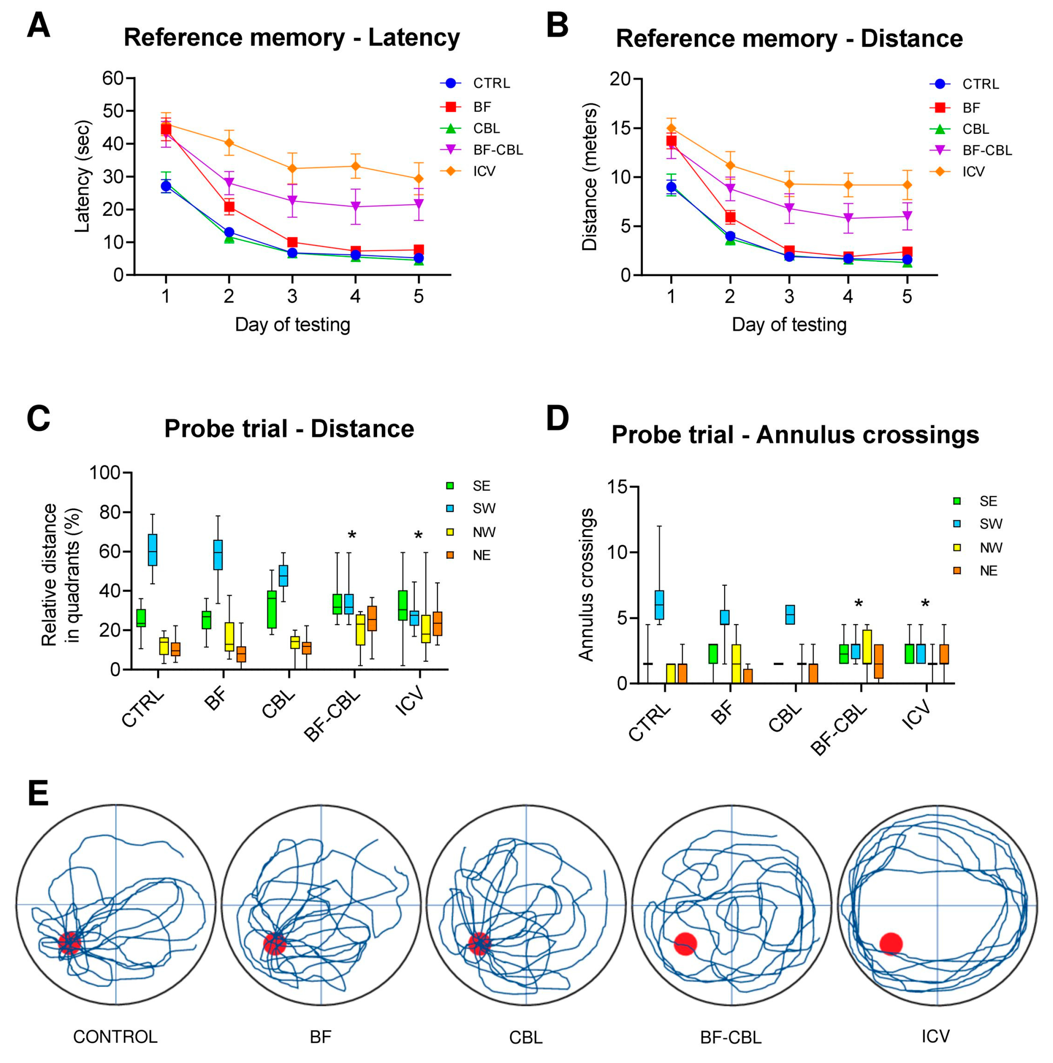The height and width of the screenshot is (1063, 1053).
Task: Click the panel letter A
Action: [38, 26]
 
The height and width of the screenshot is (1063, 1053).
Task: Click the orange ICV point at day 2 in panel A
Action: [229, 143]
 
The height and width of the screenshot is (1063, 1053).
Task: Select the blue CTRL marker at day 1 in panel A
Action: [166, 187]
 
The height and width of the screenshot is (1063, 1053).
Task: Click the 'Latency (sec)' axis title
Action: [82, 176]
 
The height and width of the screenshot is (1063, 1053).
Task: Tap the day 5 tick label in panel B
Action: [906, 297]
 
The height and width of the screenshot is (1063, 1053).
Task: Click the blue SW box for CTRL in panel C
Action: [153, 550]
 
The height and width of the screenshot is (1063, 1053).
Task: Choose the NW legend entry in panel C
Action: [484, 532]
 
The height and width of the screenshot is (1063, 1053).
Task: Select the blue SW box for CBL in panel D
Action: [790, 615]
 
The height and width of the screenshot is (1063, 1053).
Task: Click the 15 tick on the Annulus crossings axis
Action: [617, 487]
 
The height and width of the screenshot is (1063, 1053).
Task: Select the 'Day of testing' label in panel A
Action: [292, 325]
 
